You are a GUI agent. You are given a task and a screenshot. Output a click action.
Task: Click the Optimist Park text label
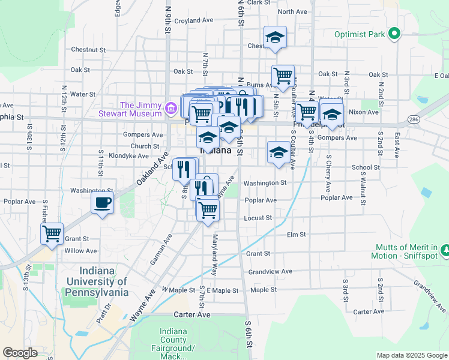click(360, 34)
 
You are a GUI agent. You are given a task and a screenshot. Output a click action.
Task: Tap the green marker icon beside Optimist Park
click(394, 34)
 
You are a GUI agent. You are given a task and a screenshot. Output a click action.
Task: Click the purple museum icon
click(171, 109)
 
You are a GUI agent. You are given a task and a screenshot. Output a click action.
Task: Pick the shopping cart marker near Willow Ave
click(52, 232)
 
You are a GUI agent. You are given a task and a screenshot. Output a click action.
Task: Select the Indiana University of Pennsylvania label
click(97, 281)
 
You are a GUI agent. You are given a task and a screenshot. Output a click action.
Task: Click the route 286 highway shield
click(413, 120)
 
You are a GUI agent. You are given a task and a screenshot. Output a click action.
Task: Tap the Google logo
click(20, 353)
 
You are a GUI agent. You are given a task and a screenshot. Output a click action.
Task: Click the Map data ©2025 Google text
click(412, 355)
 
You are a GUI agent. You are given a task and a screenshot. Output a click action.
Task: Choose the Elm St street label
click(297, 235)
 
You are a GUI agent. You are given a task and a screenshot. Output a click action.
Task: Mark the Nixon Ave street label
click(364, 112)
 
